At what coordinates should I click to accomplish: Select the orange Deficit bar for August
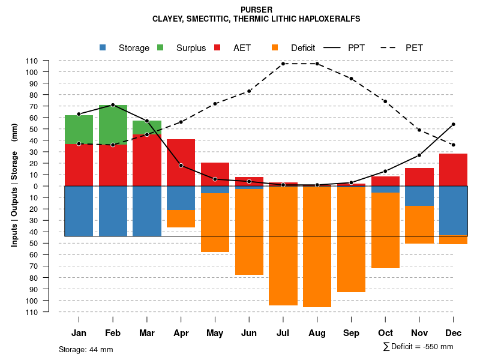click(x=317, y=246)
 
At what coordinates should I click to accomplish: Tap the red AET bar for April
click(x=181, y=162)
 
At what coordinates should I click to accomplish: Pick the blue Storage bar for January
click(x=79, y=211)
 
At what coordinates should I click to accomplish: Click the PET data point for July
click(x=283, y=64)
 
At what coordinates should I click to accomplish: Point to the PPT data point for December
click(x=454, y=124)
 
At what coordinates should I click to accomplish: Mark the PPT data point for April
click(x=181, y=166)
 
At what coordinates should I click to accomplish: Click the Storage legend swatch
click(x=103, y=47)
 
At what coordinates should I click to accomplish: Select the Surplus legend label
click(x=191, y=48)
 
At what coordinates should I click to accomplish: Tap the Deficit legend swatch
click(x=274, y=47)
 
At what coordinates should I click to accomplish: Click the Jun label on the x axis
click(x=249, y=333)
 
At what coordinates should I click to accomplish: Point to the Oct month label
click(x=385, y=333)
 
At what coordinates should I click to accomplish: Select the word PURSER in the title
click(x=256, y=10)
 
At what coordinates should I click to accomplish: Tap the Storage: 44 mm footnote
click(x=86, y=349)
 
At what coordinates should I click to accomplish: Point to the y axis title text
click(x=14, y=185)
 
